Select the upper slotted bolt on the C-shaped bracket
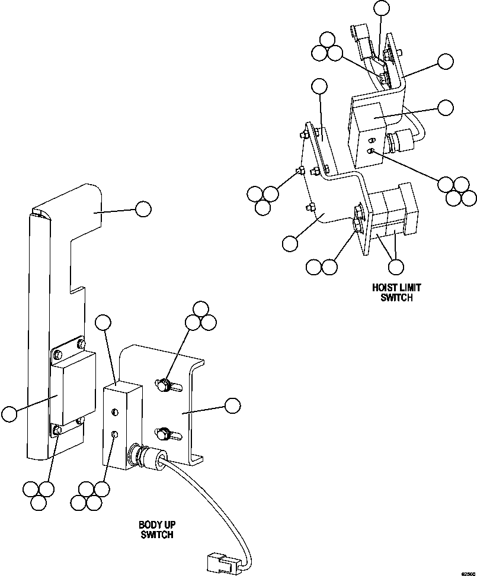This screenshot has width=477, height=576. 164,385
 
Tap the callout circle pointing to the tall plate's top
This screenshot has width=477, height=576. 143,208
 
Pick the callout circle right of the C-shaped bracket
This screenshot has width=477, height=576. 232,405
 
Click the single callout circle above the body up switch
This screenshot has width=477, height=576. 104,323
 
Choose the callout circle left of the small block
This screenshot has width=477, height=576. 9,414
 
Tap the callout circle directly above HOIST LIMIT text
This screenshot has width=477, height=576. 396,267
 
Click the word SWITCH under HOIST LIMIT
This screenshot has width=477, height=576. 396,298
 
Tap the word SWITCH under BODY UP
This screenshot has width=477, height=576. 157,535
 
